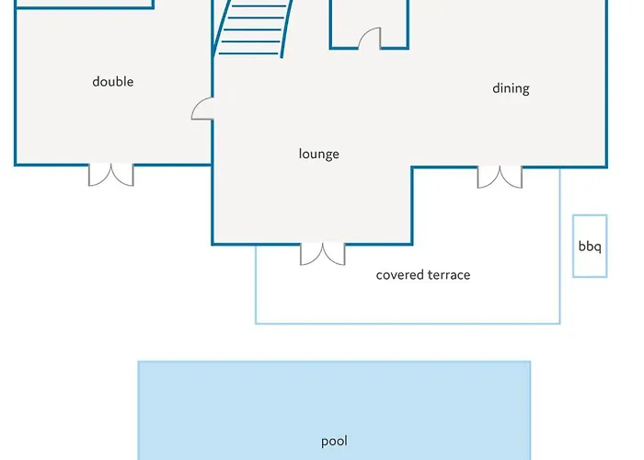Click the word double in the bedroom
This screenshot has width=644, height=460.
pos(113,81)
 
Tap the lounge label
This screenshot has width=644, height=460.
pos(318,154)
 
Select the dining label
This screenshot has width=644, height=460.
pos(511,88)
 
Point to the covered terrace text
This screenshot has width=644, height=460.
pos(423,275)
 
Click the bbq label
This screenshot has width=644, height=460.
pos(590,247)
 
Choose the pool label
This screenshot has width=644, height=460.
pos(334,441)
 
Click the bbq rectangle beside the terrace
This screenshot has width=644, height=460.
pos(590,246)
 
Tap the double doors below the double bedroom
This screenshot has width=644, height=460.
pos(111,175)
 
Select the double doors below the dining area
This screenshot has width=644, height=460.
pos(500,177)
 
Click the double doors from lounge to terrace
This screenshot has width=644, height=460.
pos(323,254)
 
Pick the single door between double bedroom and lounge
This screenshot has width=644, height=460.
pos(202,109)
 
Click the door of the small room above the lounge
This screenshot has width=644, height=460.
pos(370,39)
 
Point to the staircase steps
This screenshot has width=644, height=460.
pos(253,29)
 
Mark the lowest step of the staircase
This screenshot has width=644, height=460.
pos(249,53)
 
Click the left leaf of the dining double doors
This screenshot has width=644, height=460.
pos(489,177)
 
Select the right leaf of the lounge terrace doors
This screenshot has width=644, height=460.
pos(334,254)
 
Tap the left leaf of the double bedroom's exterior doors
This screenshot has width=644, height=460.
pos(99,175)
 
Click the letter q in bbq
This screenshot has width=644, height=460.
pos(598,248)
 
